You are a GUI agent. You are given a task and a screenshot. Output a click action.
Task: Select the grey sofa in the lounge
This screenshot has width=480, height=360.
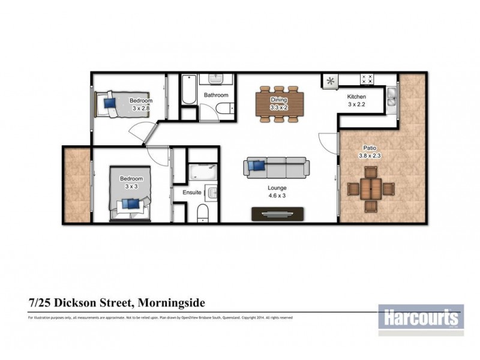(276, 167)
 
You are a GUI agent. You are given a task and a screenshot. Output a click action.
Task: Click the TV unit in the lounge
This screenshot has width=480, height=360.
(278, 213)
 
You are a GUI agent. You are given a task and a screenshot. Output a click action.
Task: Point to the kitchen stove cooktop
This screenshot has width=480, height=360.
(367, 79)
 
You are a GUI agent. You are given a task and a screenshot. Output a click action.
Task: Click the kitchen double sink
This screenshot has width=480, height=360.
(391, 98)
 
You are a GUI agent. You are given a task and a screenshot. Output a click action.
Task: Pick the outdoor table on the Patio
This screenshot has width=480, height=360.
(371, 190)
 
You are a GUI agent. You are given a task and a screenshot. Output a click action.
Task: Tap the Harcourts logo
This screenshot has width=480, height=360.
(421, 316)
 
